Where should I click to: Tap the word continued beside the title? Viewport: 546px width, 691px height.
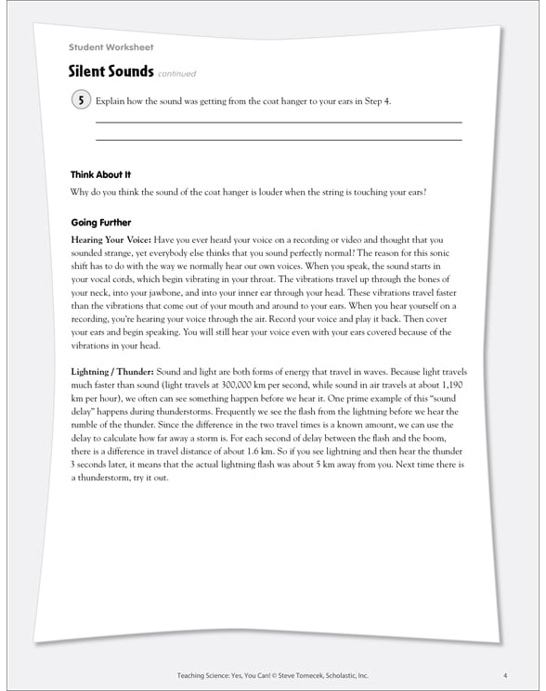[x=176, y=74]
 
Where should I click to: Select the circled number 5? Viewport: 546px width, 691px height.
[x=81, y=100]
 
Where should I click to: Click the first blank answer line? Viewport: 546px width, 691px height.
[x=279, y=122]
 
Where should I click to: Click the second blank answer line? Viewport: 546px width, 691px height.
[x=279, y=140]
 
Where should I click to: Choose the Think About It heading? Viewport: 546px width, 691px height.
[x=100, y=174]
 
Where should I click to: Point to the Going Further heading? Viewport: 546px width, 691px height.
[x=100, y=223]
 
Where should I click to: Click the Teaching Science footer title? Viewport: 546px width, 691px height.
[x=198, y=674]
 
